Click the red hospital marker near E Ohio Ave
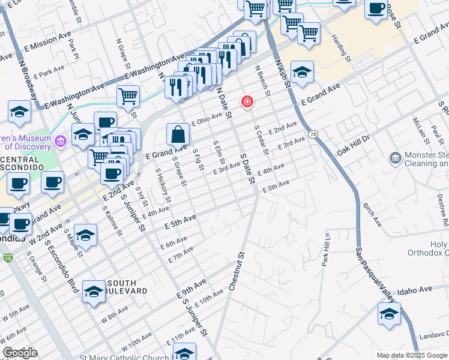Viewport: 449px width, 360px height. point(247,102)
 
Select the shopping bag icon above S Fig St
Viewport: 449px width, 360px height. point(178,134)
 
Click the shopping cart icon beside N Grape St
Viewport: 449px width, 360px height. point(128,95)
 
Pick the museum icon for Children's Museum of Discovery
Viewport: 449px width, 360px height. point(60,142)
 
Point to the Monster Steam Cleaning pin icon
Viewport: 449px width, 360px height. point(395,158)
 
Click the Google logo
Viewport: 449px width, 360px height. point(20,353)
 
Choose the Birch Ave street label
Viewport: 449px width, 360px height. point(372,214)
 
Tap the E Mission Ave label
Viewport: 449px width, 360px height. point(47,40)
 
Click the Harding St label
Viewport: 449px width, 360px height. point(341,49)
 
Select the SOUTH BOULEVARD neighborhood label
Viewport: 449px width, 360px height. point(121,287)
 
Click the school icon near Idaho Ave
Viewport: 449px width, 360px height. point(389,314)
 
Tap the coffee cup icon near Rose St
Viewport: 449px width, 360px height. point(376,8)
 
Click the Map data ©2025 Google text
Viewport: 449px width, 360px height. point(412,355)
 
